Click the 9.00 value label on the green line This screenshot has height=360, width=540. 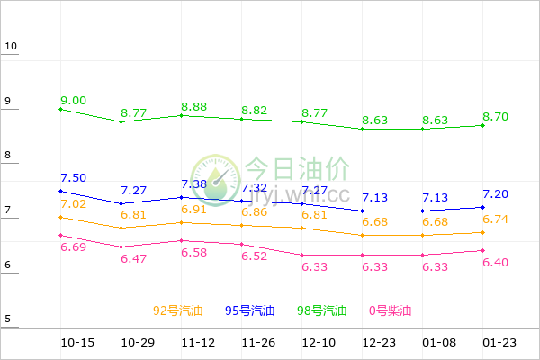tap(74, 100)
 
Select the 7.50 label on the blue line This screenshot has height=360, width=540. tap(74, 178)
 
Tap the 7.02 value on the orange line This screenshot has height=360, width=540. tap(74, 204)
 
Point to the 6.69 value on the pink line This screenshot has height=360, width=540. tap(74, 247)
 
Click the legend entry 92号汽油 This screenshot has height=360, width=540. tap(178, 311)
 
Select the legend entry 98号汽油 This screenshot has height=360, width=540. tap(321, 311)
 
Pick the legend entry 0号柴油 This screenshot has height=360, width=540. tap(390, 311)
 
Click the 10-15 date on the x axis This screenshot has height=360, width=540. tap(77, 343)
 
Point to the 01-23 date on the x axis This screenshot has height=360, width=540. tap(499, 343)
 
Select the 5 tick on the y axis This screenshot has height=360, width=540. tap(7, 319)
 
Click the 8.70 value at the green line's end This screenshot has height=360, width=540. tap(497, 117)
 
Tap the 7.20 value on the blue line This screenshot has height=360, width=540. tap(497, 194)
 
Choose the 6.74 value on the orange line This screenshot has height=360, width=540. tap(497, 220)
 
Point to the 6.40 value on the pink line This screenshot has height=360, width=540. tap(497, 263)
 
